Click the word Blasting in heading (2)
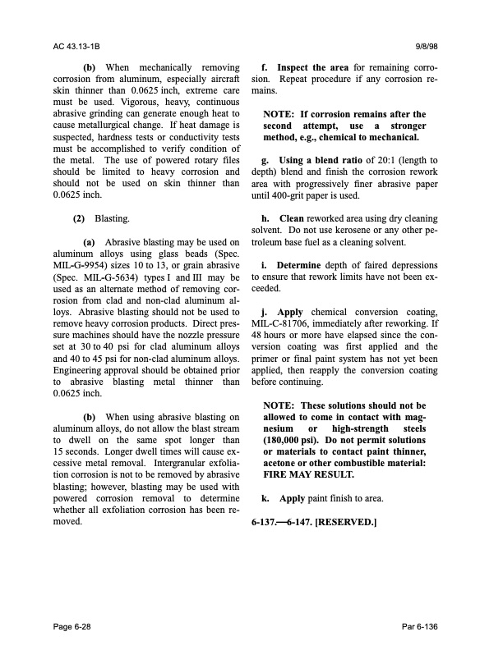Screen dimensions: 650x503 point(111,220)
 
